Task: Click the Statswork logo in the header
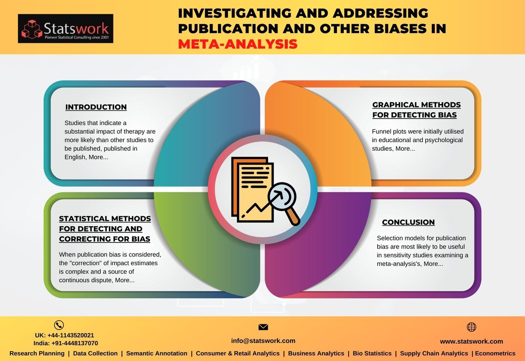(66, 29)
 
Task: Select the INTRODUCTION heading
(96, 107)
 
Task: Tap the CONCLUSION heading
(408, 222)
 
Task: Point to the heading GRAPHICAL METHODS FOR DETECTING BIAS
(416, 110)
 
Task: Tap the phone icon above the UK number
(59, 325)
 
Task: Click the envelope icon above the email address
(263, 327)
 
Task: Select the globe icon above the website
(471, 327)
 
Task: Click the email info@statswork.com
(263, 340)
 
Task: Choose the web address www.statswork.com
(471, 341)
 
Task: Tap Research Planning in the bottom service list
(37, 353)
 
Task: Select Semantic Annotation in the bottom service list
(157, 353)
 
